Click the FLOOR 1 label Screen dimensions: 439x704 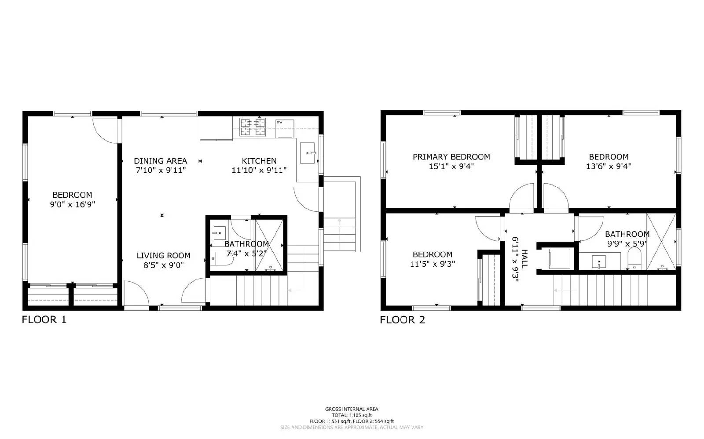(44, 319)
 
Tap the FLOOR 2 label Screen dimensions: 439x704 (402, 319)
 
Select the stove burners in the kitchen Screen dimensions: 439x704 (253, 127)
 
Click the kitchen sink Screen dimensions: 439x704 (308, 153)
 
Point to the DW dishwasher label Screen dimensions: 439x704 (279, 122)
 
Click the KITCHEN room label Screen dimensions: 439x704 (259, 161)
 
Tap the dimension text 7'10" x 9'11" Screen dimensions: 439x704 (161, 170)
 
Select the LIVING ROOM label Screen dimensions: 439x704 (163, 255)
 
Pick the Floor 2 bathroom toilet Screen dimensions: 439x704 (634, 258)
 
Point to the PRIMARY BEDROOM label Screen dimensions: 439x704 (451, 157)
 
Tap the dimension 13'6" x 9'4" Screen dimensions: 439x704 (609, 167)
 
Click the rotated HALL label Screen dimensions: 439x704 (524, 259)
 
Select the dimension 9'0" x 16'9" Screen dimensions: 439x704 (73, 204)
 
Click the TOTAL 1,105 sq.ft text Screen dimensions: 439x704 (352, 415)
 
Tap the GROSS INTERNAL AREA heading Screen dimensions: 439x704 (352, 409)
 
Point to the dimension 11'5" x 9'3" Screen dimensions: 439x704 (433, 264)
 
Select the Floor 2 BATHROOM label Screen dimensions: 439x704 (627, 234)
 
